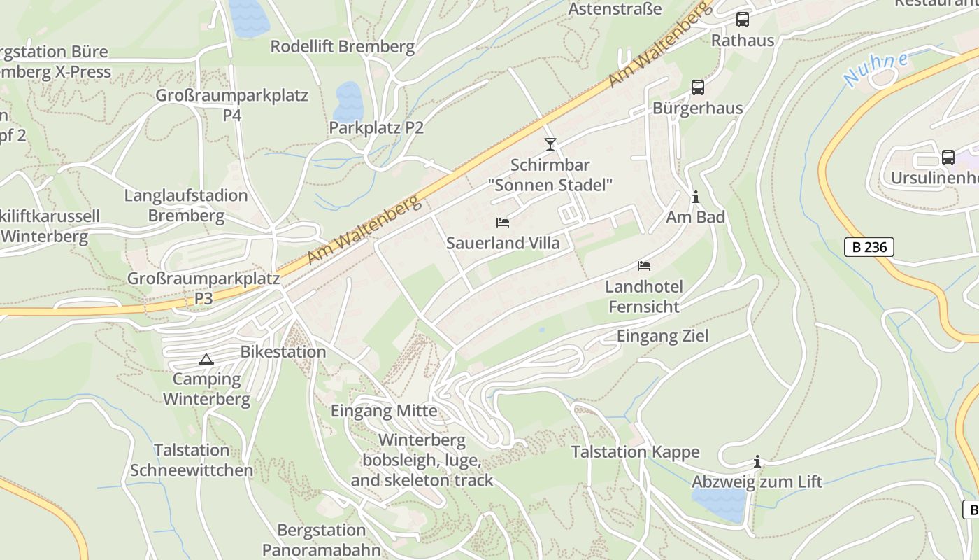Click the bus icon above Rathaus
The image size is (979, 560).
pyautogui.click(x=743, y=20)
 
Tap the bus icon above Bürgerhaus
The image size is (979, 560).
pyautogui.click(x=697, y=87)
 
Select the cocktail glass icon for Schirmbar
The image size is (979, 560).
pyautogui.click(x=550, y=144)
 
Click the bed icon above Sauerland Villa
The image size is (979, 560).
pyautogui.click(x=502, y=223)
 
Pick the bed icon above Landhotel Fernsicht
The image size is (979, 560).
pyautogui.click(x=644, y=266)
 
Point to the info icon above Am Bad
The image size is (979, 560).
pyautogui.click(x=695, y=197)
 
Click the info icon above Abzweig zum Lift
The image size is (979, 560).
pyautogui.click(x=757, y=462)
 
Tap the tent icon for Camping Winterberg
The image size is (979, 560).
pyautogui.click(x=206, y=360)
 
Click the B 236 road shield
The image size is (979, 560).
pyautogui.click(x=869, y=247)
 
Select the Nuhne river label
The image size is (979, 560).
pyautogui.click(x=875, y=69)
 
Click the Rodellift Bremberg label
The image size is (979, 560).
pyautogui.click(x=343, y=47)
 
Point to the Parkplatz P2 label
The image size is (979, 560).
pyautogui.click(x=376, y=127)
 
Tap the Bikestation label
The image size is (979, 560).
pyautogui.click(x=283, y=351)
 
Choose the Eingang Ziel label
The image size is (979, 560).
pyautogui.click(x=662, y=336)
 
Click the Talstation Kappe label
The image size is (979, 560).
pyautogui.click(x=635, y=451)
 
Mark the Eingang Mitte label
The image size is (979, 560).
pyautogui.click(x=384, y=411)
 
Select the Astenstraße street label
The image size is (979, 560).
pyautogui.click(x=615, y=9)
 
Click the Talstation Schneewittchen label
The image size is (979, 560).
pyautogui.click(x=192, y=460)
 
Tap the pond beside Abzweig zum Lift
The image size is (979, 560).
pyautogui.click(x=719, y=504)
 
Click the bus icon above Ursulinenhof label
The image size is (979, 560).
pyautogui.click(x=948, y=157)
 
